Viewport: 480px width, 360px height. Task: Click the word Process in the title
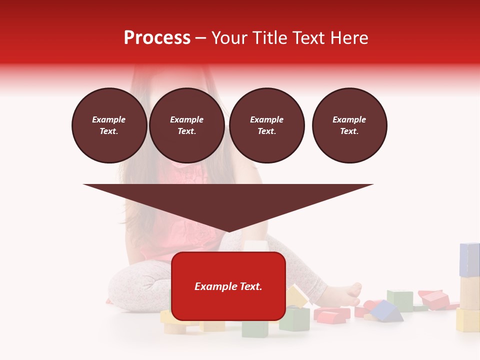[x=157, y=38]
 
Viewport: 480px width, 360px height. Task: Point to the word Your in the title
[x=228, y=38]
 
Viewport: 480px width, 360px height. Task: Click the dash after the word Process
[x=201, y=38]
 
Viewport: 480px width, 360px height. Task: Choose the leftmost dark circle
[x=109, y=125]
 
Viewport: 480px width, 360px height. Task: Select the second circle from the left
[x=187, y=125]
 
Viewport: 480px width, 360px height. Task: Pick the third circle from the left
[x=267, y=125]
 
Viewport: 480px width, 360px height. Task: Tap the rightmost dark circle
[x=349, y=125]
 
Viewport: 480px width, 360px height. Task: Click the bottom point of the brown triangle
[x=228, y=231]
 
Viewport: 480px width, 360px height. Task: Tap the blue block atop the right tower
[x=469, y=259]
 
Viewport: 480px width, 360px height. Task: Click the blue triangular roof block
[x=386, y=311]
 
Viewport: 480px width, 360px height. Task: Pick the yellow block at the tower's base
[x=468, y=320]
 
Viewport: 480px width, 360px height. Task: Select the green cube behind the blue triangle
[x=399, y=299]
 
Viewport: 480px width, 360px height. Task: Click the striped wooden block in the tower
[x=469, y=293]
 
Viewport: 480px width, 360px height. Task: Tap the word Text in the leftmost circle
[x=109, y=131]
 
